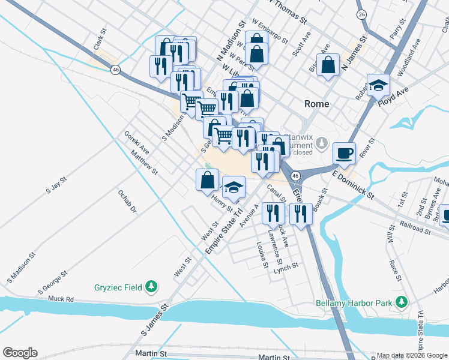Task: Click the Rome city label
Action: (316, 104)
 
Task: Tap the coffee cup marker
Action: (344, 153)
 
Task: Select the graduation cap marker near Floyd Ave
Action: (379, 85)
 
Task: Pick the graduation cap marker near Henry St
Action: (234, 187)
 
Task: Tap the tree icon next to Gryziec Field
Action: (152, 287)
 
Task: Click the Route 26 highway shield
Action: (361, 14)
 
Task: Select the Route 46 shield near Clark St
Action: (114, 70)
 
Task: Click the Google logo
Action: (20, 353)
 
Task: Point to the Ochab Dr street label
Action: (128, 202)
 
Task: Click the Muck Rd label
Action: (61, 298)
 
